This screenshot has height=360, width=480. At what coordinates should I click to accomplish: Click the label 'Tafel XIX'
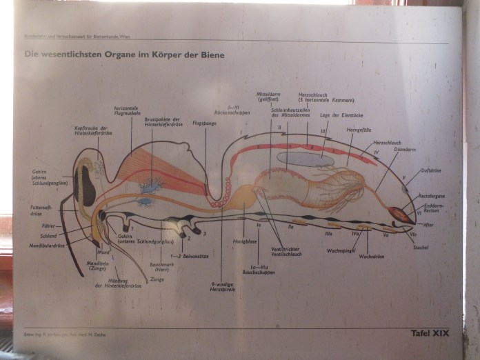pos(429,333)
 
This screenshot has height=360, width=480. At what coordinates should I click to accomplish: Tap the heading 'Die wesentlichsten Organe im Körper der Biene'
pos(125,54)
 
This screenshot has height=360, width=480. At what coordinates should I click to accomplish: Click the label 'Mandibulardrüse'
pos(48,245)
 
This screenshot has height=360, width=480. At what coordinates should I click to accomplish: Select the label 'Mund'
pos(103,252)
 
